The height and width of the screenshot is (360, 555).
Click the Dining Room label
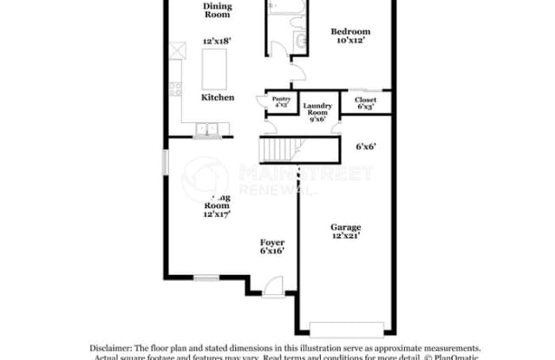217,10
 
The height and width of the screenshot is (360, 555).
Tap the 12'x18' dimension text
217,41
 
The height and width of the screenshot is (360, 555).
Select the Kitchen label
218,98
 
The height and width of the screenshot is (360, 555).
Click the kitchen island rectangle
214,65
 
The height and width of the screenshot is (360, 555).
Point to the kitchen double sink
207,131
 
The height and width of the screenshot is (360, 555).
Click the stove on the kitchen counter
176,88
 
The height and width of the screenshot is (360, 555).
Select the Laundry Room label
318,110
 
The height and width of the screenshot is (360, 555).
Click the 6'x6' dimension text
366,147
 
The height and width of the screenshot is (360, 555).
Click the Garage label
345,228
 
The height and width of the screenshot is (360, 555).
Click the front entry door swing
274,285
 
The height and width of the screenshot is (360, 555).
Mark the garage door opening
345,327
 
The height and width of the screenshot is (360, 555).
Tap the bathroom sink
301,41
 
